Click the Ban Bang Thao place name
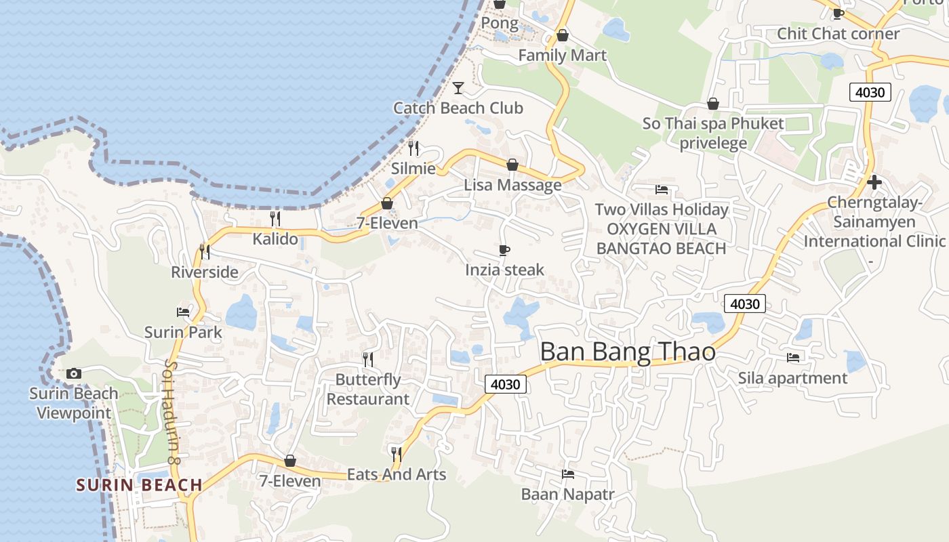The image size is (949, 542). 628,352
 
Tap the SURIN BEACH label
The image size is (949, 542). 139,485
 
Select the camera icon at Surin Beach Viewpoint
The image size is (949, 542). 74,373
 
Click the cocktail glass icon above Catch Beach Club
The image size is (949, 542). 458,87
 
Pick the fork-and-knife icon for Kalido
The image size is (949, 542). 275,218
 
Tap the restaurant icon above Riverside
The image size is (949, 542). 205,251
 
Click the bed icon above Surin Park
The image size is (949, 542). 183,312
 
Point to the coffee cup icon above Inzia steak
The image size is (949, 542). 504,250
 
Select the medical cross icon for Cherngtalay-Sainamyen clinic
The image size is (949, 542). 874,182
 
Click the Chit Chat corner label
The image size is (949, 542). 838,33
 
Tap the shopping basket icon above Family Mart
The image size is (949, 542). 562,35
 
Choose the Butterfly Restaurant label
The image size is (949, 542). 368,389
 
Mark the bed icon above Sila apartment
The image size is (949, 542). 792,357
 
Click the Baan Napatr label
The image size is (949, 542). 567,494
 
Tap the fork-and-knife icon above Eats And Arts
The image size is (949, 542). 397,453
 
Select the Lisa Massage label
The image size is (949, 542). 512,185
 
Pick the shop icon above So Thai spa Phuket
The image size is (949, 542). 712,104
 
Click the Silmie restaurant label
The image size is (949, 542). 413,168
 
